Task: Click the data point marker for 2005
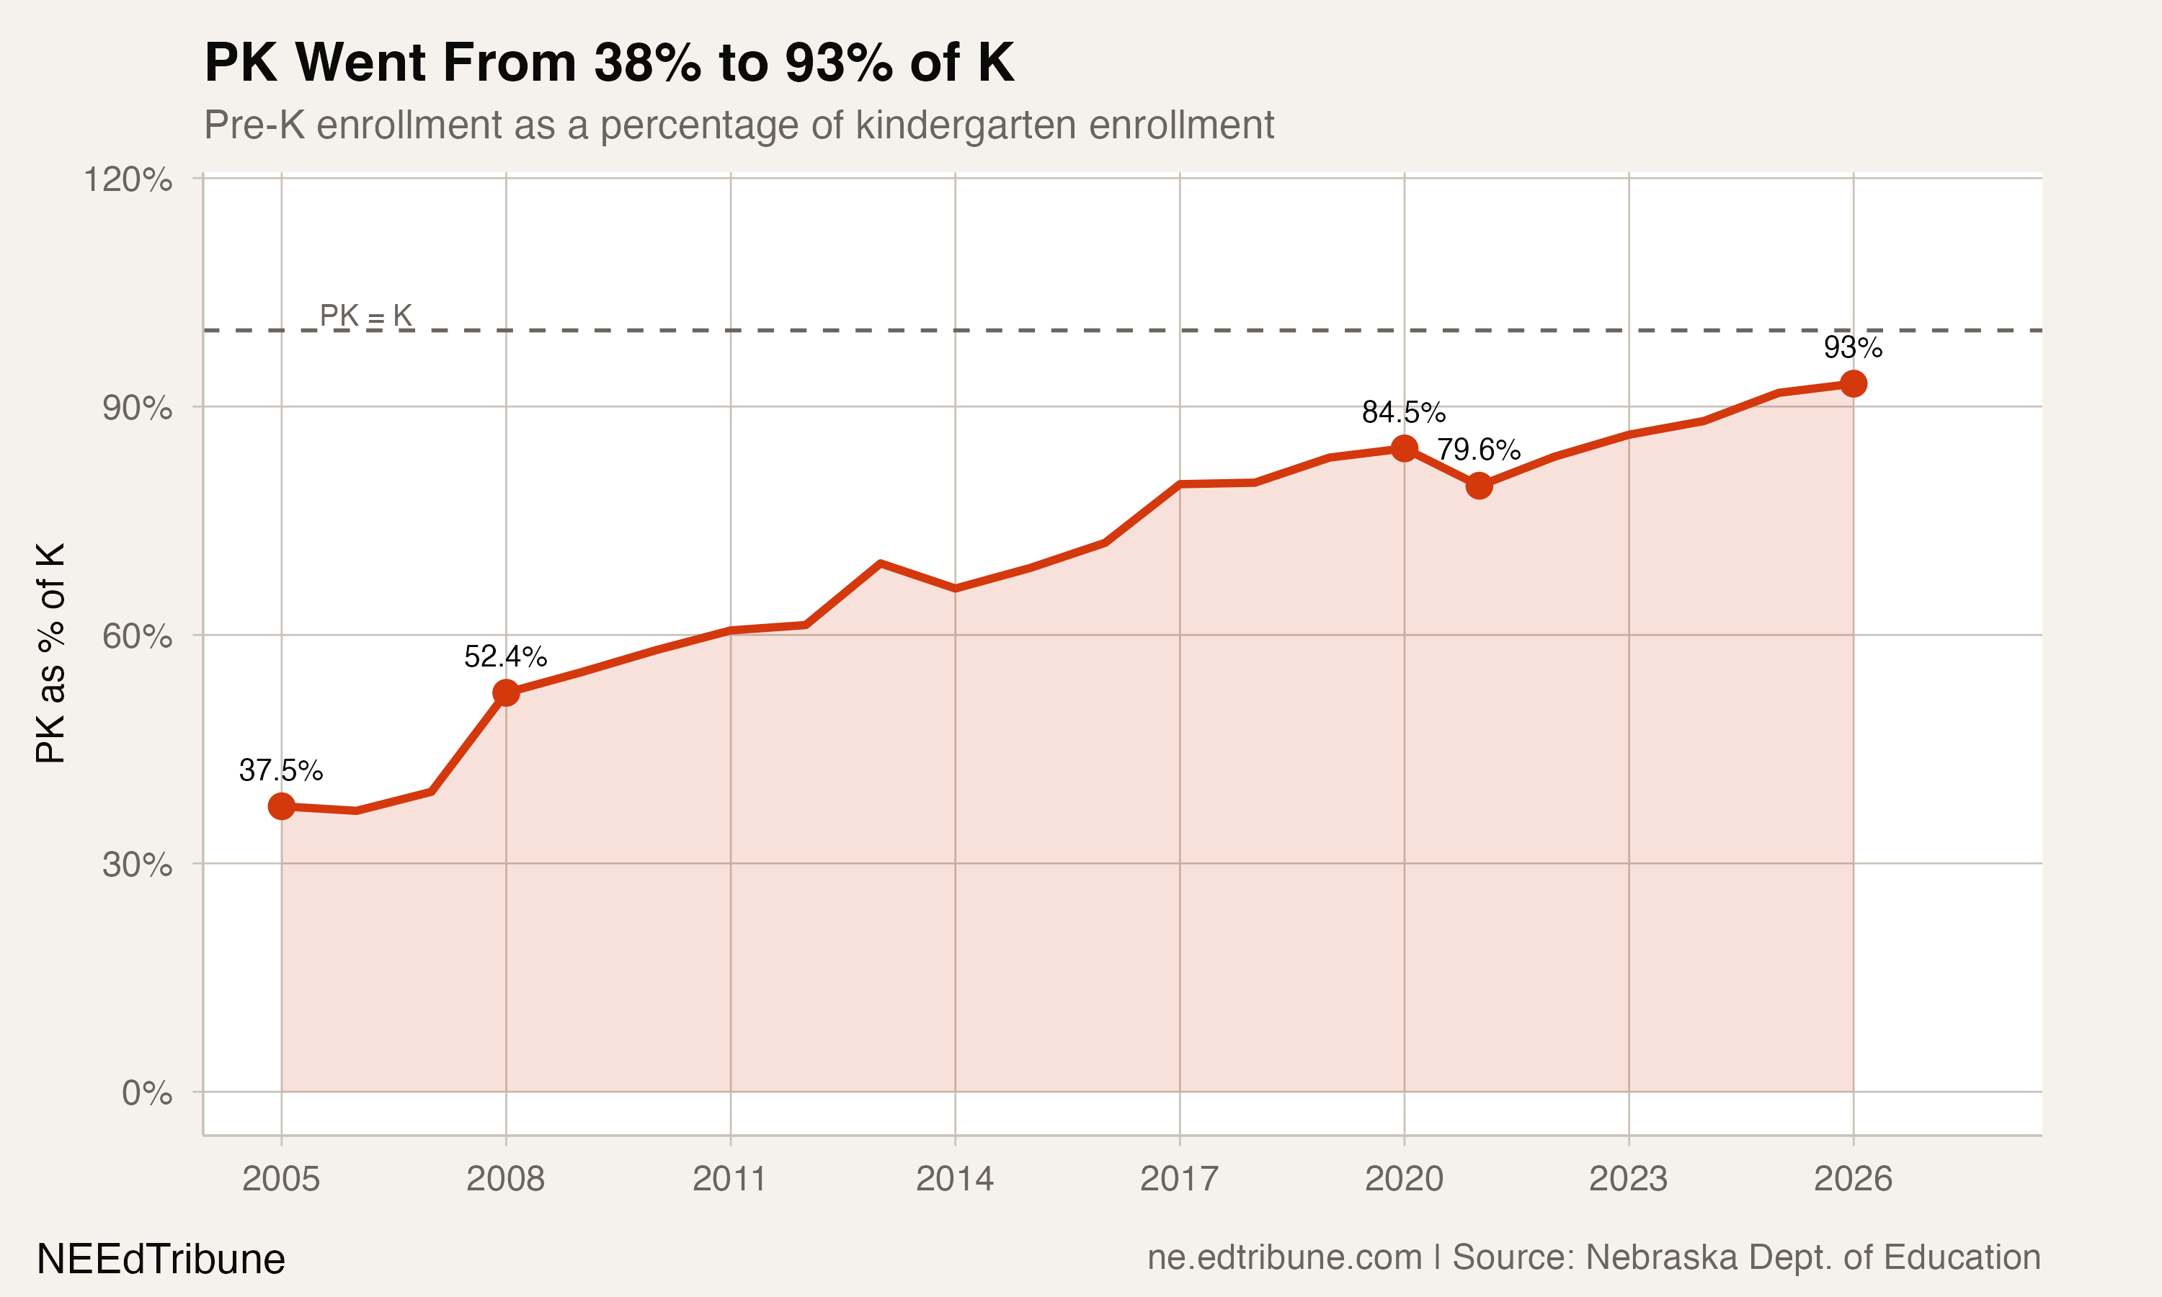(x=281, y=806)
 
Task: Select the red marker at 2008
(x=506, y=693)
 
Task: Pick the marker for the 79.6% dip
(x=1479, y=485)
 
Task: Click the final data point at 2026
(x=1853, y=383)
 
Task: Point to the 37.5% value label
(x=280, y=771)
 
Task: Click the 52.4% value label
(x=505, y=656)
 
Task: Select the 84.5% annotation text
(x=1403, y=411)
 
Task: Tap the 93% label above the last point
(x=1853, y=348)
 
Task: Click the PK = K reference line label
(x=365, y=316)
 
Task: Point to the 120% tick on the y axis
(x=128, y=180)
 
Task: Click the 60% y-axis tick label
(x=137, y=636)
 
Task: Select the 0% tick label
(x=147, y=1093)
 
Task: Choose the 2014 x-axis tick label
(x=954, y=1179)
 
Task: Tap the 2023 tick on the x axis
(x=1628, y=1179)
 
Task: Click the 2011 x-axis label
(x=730, y=1179)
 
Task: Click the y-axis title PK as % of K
(x=50, y=653)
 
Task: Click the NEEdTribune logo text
(x=161, y=1260)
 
